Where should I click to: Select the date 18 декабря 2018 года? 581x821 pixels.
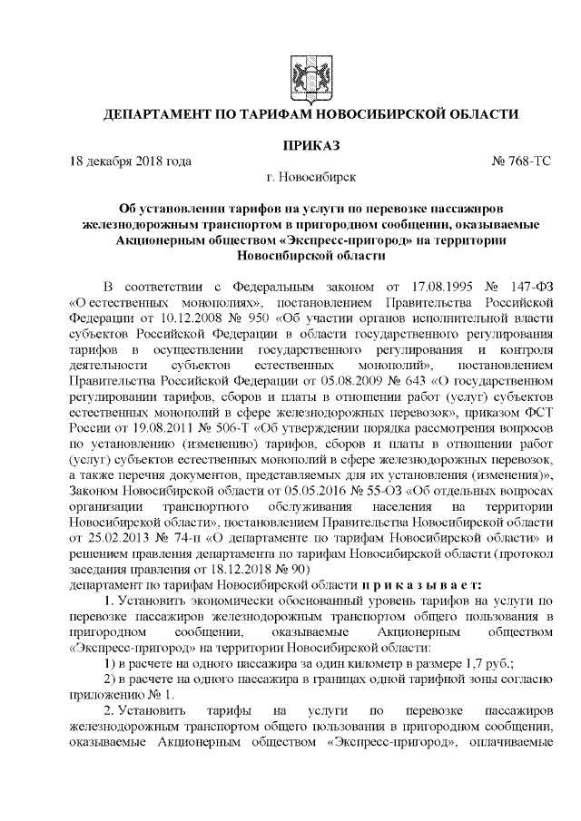tap(131, 161)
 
